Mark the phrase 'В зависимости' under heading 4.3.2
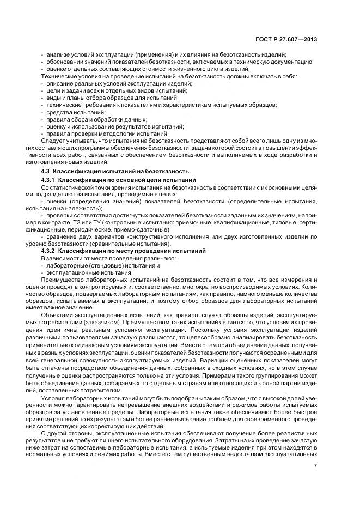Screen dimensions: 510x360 (58, 258)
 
